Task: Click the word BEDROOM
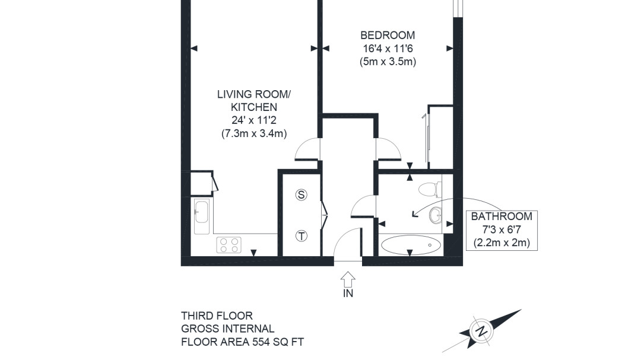(x=388, y=36)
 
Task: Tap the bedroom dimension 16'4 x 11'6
(x=388, y=49)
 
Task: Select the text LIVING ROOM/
(x=254, y=94)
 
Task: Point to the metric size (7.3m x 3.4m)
(x=254, y=133)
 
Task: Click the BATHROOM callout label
(x=502, y=216)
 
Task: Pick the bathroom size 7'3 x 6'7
(x=502, y=230)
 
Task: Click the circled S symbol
(x=302, y=195)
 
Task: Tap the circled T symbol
(x=302, y=236)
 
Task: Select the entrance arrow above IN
(x=348, y=279)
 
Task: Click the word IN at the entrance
(x=348, y=294)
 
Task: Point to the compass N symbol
(x=482, y=330)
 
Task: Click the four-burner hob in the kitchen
(x=229, y=245)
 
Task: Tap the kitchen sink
(x=202, y=216)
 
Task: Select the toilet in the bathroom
(x=430, y=189)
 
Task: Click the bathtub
(x=411, y=245)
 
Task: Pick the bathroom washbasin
(x=436, y=215)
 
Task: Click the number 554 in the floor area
(x=261, y=342)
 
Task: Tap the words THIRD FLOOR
(x=217, y=316)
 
